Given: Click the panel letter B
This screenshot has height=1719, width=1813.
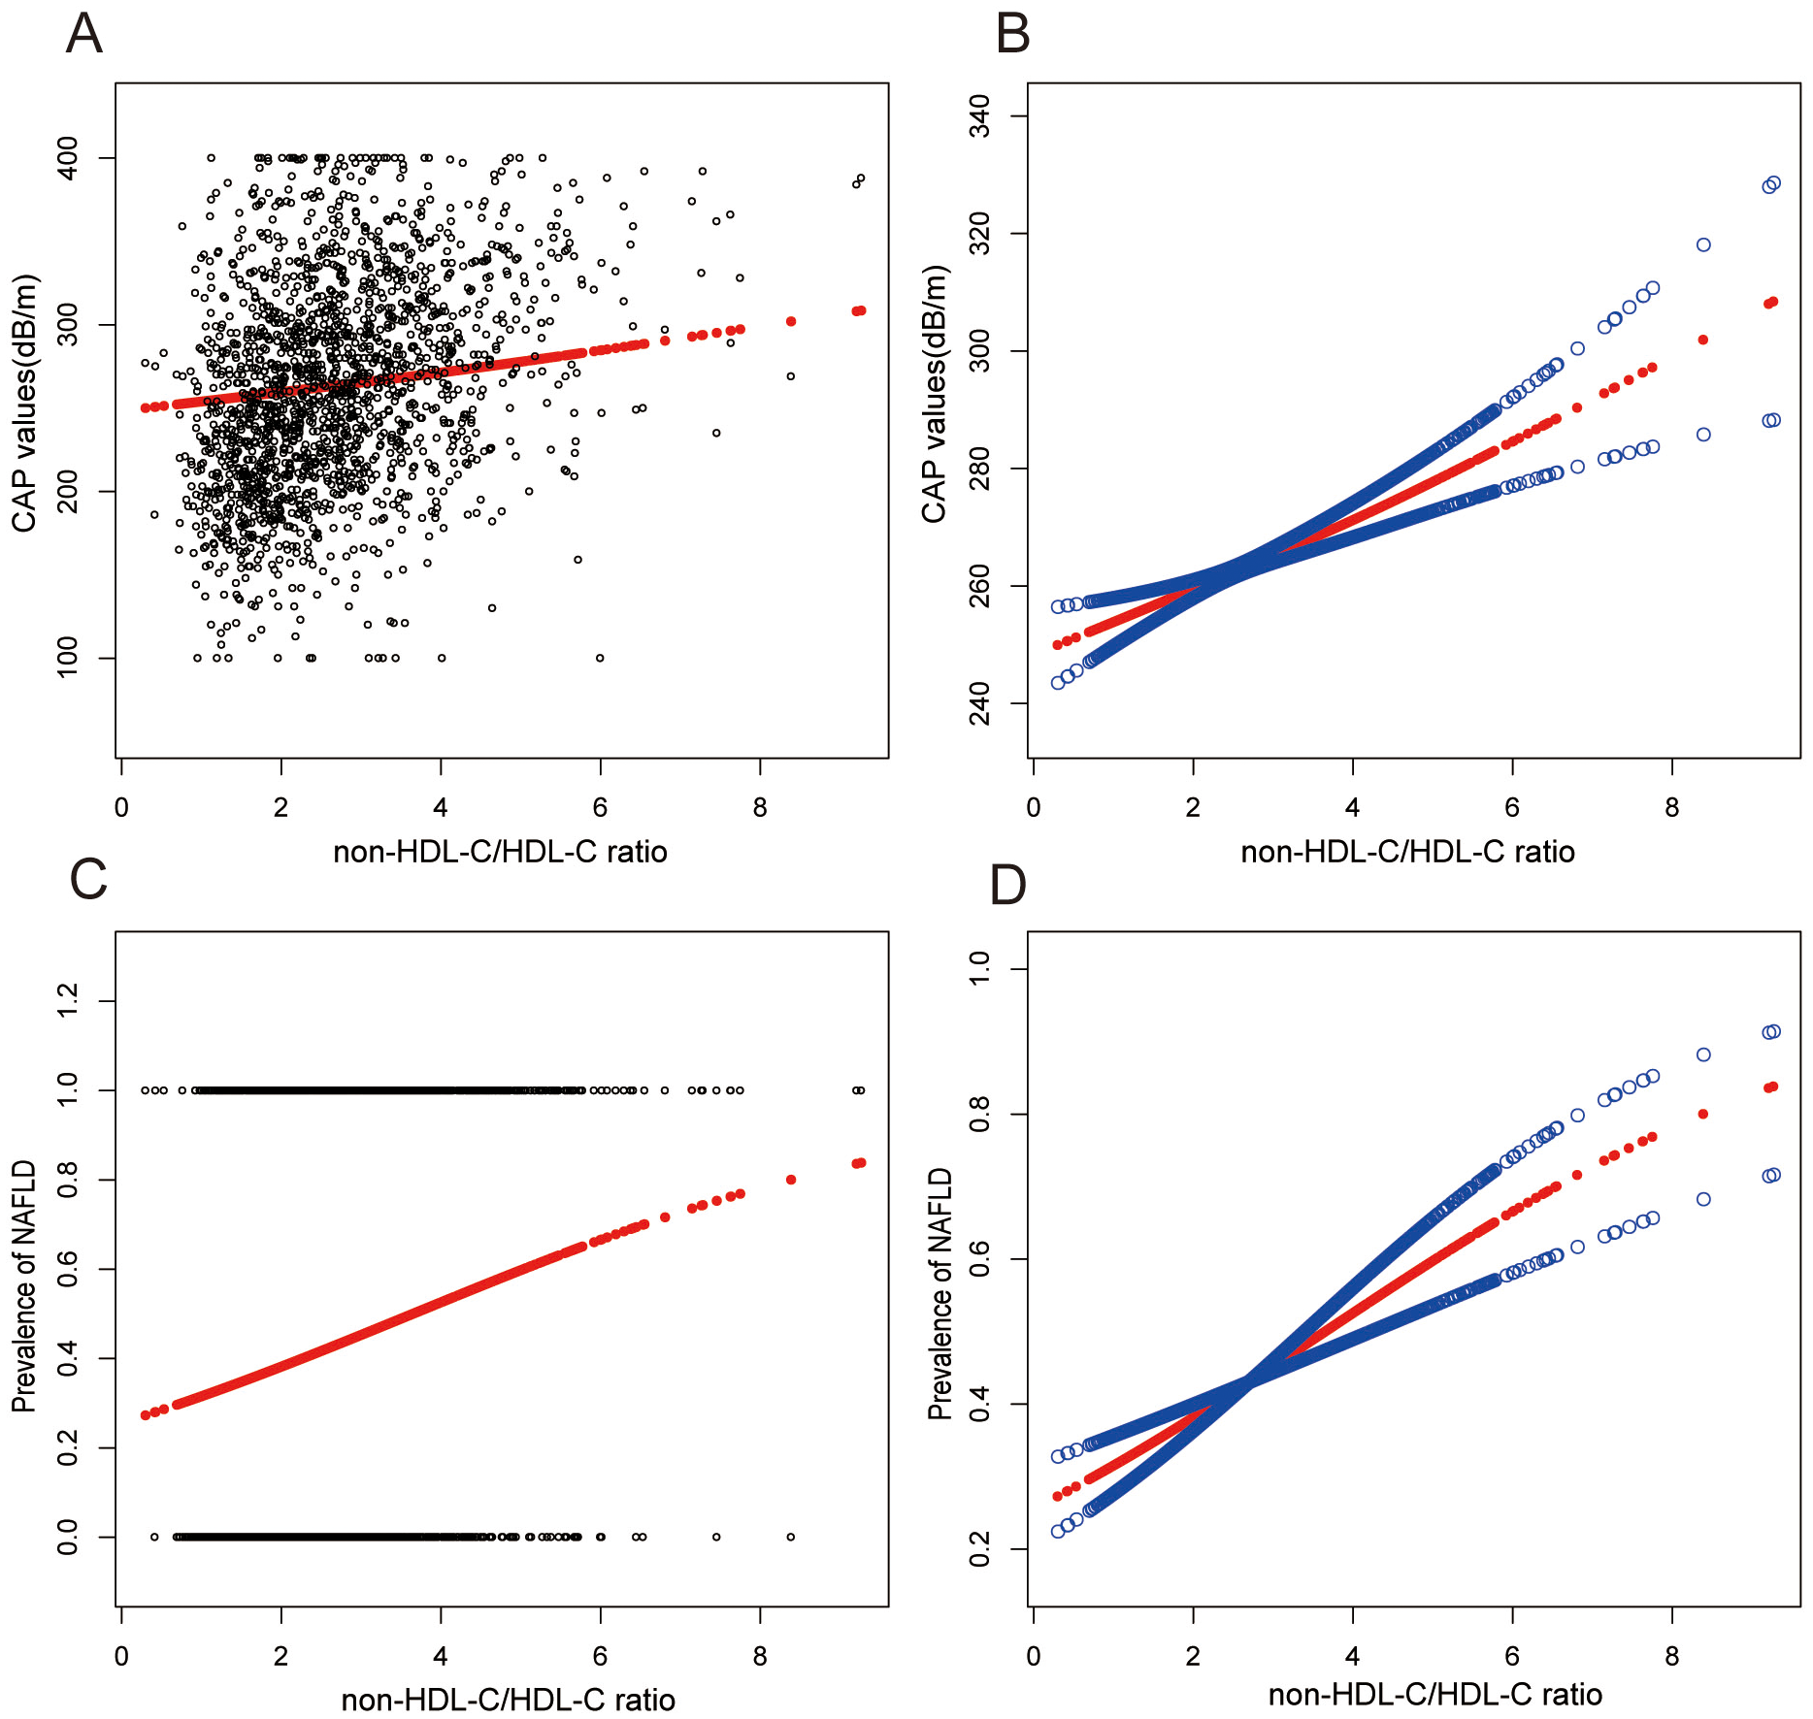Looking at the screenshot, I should (x=1012, y=34).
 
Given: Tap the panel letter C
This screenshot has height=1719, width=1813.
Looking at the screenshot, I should (x=88, y=880).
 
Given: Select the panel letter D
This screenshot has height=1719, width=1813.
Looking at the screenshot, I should (x=1007, y=885).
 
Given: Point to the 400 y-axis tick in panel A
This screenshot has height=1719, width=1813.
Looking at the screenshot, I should (x=68, y=157).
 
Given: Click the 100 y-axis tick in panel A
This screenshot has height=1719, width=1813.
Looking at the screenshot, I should (x=68, y=658).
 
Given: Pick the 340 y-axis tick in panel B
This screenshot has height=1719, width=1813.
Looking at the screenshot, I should (x=980, y=116).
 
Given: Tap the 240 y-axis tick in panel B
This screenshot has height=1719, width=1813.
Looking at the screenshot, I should (x=980, y=703).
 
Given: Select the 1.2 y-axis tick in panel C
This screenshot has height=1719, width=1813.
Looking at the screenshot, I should (x=68, y=1000).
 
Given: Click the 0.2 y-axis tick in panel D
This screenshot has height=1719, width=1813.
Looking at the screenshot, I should (x=980, y=1549).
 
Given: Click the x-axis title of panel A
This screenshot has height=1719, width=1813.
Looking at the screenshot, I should (x=500, y=852).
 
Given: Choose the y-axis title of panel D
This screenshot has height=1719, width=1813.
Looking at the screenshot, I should (x=939, y=1294).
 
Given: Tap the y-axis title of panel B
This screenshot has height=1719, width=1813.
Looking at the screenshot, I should (x=934, y=393).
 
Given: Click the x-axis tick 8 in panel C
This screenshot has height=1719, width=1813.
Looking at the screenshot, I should (x=760, y=1656).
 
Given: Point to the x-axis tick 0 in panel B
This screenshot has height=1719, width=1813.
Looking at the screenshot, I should (x=1034, y=807).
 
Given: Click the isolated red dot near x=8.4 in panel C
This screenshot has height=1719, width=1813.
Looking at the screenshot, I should (x=791, y=1180).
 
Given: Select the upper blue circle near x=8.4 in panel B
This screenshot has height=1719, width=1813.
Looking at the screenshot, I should (x=1703, y=244).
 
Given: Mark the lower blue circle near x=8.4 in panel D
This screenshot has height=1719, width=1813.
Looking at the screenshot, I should (x=1703, y=1199).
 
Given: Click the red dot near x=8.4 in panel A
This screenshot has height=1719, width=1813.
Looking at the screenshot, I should (x=791, y=321).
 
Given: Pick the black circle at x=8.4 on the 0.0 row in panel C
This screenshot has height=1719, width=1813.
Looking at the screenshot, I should (x=791, y=1537).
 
